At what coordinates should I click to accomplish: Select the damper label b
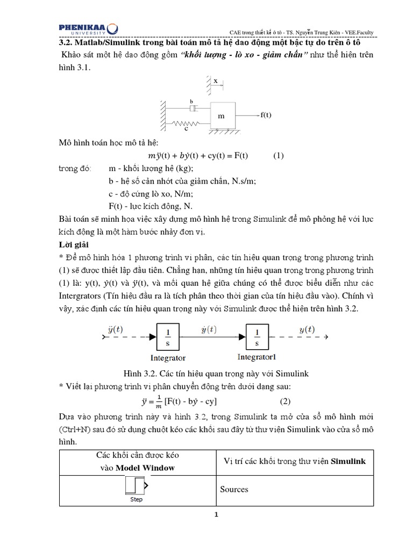tap(191, 101)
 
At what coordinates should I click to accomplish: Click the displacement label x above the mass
tap(215, 81)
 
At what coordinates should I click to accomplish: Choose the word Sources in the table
tap(234, 490)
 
